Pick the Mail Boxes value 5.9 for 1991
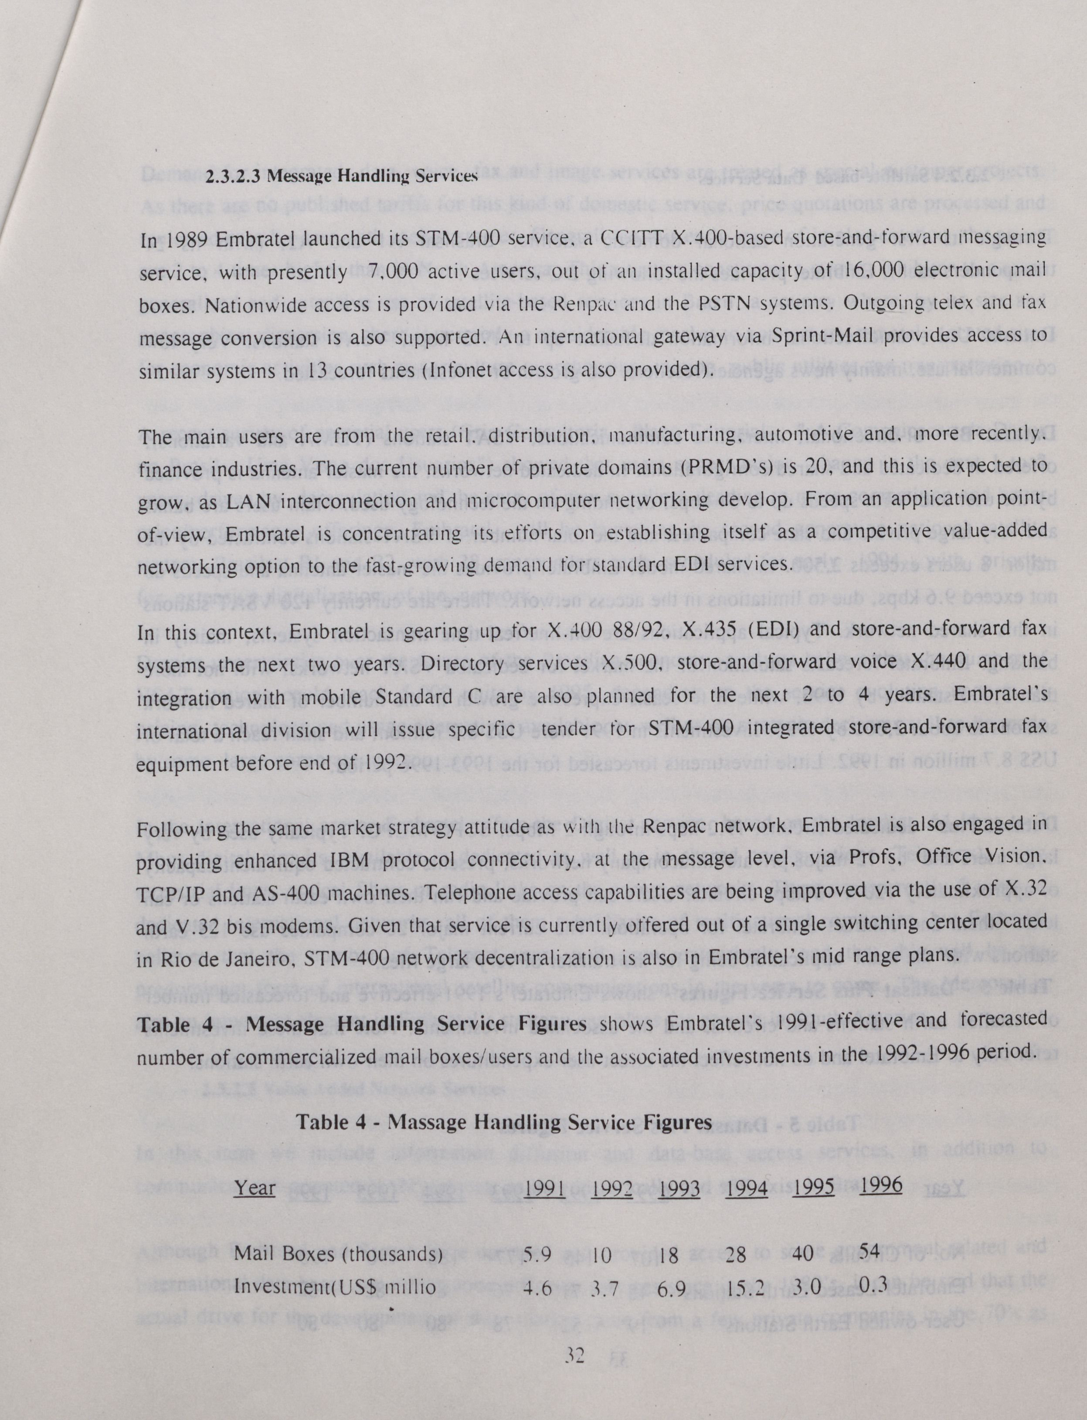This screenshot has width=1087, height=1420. click(x=537, y=1255)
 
